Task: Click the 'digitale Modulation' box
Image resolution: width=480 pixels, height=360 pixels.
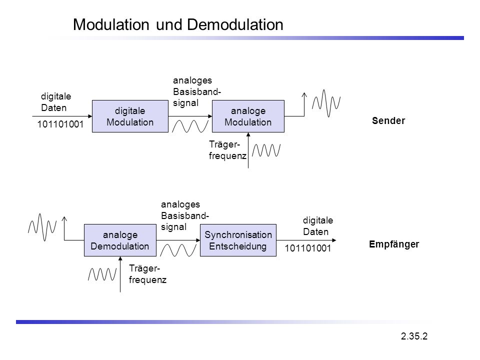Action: (130, 116)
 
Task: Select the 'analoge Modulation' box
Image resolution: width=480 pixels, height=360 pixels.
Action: (248, 116)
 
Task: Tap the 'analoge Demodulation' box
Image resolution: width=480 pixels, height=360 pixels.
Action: (120, 240)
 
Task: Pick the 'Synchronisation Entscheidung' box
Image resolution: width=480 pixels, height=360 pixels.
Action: (238, 240)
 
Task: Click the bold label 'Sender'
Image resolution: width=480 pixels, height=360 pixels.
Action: (388, 120)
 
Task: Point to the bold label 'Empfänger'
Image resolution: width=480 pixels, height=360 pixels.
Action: (394, 244)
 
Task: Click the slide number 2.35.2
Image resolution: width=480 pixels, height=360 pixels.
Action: (414, 336)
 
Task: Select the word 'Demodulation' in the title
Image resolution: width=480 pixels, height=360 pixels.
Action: (235, 24)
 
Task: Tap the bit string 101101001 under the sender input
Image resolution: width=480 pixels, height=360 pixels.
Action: (60, 124)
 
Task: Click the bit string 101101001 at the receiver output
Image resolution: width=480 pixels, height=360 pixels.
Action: (308, 248)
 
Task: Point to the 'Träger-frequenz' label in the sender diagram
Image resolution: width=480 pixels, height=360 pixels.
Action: (227, 150)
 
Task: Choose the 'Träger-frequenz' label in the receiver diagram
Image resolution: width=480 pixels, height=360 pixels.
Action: (147, 274)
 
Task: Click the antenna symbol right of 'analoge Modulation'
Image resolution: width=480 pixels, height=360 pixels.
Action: (304, 104)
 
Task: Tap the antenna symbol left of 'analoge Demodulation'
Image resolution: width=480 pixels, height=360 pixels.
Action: (64, 228)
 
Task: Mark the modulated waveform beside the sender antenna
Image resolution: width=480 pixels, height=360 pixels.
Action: (326, 103)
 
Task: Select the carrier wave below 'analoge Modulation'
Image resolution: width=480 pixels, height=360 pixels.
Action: (266, 150)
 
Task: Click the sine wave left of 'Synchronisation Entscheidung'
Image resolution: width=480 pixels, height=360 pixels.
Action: (178, 250)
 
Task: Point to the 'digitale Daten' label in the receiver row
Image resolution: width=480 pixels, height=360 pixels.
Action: (318, 226)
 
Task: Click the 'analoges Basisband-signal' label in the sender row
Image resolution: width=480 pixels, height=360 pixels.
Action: (197, 91)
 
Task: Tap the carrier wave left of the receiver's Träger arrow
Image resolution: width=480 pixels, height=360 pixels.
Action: (102, 274)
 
